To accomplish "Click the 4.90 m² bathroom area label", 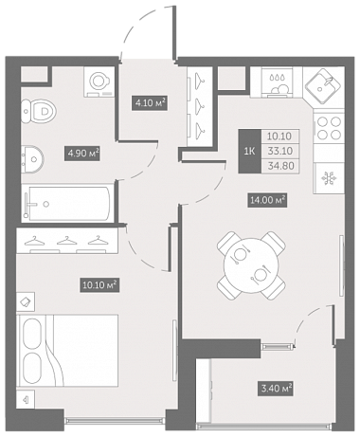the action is [x=82, y=154].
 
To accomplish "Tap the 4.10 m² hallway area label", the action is [x=149, y=103].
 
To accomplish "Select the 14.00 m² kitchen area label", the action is [x=268, y=200].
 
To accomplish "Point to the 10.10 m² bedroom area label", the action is [x=99, y=285].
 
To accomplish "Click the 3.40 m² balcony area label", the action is [x=277, y=388].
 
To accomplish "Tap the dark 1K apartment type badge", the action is [x=250, y=152].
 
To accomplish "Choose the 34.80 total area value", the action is [x=279, y=166].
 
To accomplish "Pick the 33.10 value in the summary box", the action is [x=279, y=151].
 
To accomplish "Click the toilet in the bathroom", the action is [x=40, y=111].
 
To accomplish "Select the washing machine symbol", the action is [x=99, y=82].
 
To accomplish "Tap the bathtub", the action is [x=67, y=203].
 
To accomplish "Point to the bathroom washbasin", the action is [x=32, y=159].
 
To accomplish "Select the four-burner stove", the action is [x=329, y=128].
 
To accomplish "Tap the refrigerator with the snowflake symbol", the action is [x=329, y=178].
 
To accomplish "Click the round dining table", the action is [x=251, y=265].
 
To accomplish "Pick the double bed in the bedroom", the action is [x=68, y=350].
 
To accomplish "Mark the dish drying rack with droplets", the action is [x=277, y=82].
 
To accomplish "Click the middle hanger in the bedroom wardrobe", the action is [x=67, y=241].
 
